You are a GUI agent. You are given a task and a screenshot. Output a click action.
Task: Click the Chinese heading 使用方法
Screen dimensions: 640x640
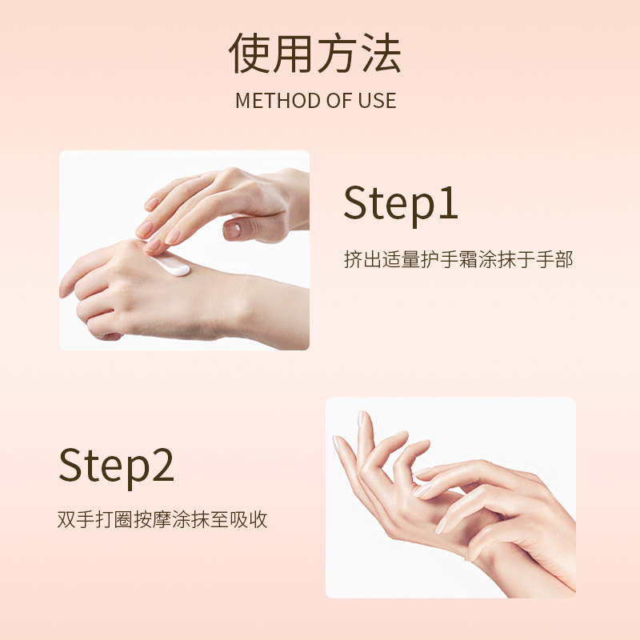[314, 54]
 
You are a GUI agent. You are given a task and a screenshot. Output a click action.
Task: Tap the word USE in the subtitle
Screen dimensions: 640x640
[377, 101]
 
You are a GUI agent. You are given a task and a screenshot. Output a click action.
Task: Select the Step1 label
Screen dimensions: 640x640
[401, 204]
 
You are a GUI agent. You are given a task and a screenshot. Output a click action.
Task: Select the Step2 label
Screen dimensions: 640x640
[116, 466]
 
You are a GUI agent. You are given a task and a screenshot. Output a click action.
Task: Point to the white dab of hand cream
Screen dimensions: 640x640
[173, 265]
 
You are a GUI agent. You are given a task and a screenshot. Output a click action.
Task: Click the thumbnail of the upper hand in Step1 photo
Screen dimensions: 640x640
[232, 230]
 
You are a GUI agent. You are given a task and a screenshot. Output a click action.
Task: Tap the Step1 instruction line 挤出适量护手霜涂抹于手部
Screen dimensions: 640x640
[458, 259]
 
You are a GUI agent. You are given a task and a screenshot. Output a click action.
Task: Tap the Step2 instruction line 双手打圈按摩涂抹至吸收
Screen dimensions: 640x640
[162, 519]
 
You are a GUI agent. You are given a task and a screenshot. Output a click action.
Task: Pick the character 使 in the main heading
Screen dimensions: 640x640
[249, 54]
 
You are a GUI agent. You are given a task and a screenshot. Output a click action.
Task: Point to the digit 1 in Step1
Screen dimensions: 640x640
[449, 203]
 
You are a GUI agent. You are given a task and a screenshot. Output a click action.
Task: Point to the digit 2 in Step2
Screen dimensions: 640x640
[163, 465]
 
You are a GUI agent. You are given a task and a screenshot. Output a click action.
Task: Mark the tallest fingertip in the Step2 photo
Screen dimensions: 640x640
[362, 415]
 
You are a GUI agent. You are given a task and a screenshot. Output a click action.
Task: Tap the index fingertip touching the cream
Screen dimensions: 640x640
[152, 246]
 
